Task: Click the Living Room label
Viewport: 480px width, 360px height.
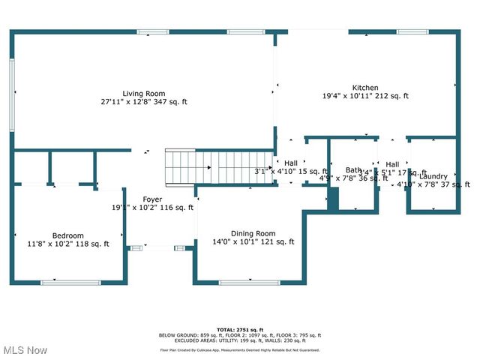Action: click(x=144, y=93)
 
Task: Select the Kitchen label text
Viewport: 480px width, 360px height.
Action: click(x=365, y=88)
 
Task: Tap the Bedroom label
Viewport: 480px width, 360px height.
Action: click(x=67, y=235)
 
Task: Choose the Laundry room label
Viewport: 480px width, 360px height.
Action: click(x=433, y=176)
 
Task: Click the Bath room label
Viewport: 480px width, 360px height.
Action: click(x=353, y=170)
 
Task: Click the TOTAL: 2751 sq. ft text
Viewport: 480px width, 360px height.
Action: click(x=239, y=329)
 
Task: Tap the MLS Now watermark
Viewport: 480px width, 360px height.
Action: click(x=24, y=350)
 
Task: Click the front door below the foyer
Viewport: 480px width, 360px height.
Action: click(x=160, y=247)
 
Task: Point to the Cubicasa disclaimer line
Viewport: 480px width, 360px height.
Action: click(x=239, y=349)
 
